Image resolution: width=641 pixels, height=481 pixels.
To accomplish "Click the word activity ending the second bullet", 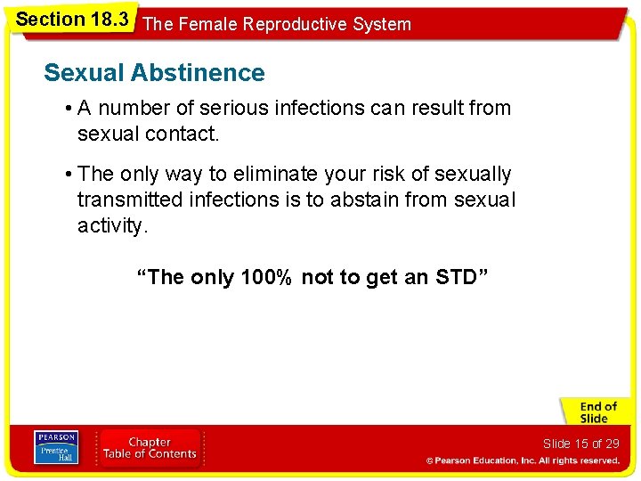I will tap(111, 225).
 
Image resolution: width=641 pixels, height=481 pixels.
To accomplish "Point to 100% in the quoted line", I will tap(265, 277).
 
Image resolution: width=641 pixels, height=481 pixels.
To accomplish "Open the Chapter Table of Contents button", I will tap(150, 447).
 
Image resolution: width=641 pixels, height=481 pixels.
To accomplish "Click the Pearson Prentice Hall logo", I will tap(55, 447).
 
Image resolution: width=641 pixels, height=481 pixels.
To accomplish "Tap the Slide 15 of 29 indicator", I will tap(580, 444).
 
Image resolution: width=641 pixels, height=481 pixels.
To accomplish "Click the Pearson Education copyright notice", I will tap(523, 461).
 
